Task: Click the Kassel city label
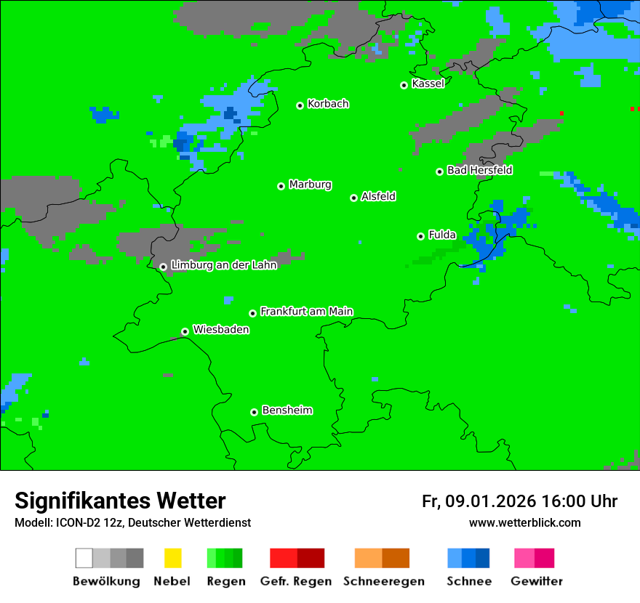click(428, 84)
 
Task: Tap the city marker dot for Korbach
click(300, 105)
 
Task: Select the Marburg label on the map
click(310, 185)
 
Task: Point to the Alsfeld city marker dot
click(353, 198)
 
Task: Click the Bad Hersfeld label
click(479, 170)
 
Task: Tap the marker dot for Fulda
click(420, 236)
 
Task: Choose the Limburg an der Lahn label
click(223, 265)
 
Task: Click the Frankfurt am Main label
click(306, 312)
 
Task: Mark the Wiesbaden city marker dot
click(185, 331)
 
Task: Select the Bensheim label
click(287, 410)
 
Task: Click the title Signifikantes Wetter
click(120, 501)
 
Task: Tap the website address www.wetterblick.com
click(524, 522)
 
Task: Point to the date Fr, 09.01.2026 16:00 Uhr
click(519, 501)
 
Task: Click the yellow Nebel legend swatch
click(172, 558)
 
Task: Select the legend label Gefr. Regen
click(296, 581)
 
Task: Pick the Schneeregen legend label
click(382, 581)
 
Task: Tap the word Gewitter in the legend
click(537, 581)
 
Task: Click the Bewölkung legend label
click(106, 581)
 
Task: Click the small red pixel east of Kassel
click(561, 113)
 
